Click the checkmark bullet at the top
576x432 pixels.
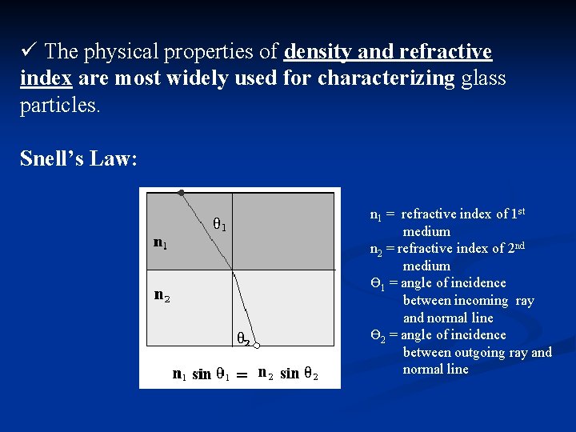point(28,51)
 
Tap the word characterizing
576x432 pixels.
point(386,79)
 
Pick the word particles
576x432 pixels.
point(60,106)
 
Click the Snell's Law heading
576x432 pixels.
point(78,158)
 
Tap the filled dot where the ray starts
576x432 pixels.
point(182,193)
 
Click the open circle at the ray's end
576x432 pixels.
point(257,346)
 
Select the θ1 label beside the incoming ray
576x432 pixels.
point(218,225)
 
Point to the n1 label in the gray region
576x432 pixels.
point(161,241)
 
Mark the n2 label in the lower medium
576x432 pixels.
point(162,295)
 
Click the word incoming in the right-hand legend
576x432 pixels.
point(481,301)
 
